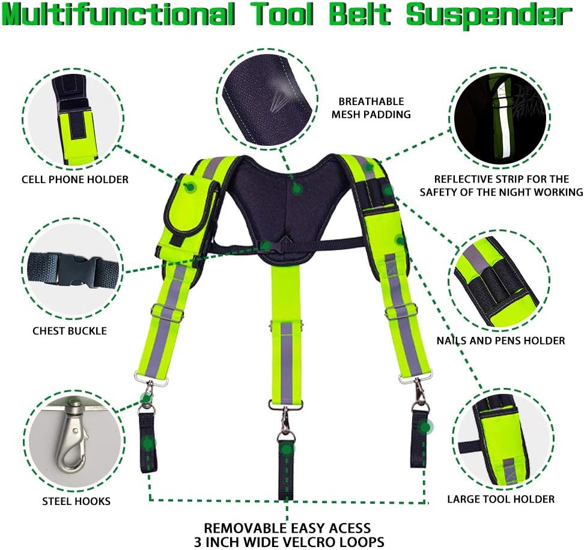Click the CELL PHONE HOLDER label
pos(75,180)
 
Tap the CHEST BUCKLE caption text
pos(70,331)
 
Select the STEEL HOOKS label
pos(76,501)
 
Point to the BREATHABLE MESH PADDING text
pos(371,107)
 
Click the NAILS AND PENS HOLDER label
pos(500,340)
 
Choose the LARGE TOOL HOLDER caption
pos(501,499)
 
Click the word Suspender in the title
pos(488,16)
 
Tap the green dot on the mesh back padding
pos(296,189)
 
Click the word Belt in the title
pos(360,14)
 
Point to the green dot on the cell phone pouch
pos(190,187)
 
